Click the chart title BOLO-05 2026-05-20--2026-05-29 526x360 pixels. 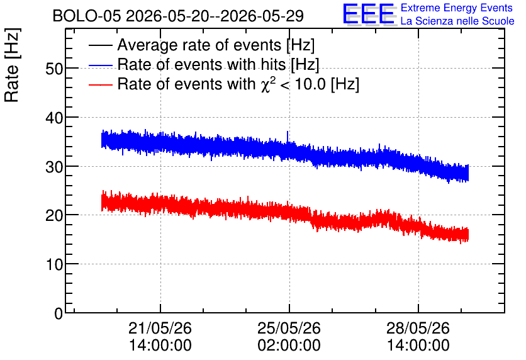click(178, 16)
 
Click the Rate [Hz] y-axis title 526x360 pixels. click(12, 65)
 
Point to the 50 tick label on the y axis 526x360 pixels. click(54, 69)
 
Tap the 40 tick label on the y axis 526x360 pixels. click(54, 118)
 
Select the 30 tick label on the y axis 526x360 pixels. click(54, 167)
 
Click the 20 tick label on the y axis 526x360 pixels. click(54, 215)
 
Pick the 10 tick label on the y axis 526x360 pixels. click(54, 265)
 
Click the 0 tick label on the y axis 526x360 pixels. click(59, 313)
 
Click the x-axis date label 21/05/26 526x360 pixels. click(160, 328)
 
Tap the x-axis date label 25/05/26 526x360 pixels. click(289, 328)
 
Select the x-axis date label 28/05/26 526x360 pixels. click(418, 328)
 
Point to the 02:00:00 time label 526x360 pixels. click(289, 345)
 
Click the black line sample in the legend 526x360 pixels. click(101, 45)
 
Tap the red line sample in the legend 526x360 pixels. click(101, 84)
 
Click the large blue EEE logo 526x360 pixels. click(369, 14)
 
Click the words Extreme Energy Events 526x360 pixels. click(457, 8)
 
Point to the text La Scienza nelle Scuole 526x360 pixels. click(457, 21)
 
